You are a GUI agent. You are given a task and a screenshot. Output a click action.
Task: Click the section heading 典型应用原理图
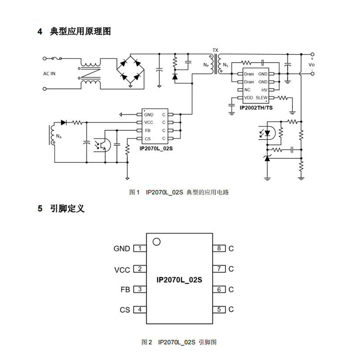pos(80,32)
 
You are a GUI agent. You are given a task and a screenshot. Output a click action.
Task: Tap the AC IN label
pos(49,73)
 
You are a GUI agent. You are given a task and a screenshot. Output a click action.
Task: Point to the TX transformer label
pos(215,50)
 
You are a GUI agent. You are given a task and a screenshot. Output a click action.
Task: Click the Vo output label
pos(311,65)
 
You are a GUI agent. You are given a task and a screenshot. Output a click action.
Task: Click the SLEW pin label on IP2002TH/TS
pos(261,98)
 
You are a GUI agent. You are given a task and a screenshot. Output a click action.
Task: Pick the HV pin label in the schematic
pos(264,90)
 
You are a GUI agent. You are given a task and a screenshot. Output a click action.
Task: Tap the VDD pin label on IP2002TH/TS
pos(248,98)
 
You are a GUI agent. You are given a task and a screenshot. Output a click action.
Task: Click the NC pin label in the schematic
pos(247,90)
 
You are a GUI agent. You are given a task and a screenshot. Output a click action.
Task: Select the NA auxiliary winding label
pos(58,136)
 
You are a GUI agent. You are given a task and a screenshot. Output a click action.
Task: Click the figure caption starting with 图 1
pos(179,192)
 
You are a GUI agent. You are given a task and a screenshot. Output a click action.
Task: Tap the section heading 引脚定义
pos(67,209)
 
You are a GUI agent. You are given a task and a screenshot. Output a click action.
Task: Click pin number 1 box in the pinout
pos(140,248)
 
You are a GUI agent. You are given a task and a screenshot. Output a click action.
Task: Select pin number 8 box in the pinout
pos(219,248)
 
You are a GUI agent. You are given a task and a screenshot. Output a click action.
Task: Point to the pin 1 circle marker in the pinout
pos(156,242)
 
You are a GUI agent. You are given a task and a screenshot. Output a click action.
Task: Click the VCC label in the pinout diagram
pos(122,270)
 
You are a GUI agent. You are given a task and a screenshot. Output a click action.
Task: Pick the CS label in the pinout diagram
pos(125,310)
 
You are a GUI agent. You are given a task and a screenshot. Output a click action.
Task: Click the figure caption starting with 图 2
pos(179,342)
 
